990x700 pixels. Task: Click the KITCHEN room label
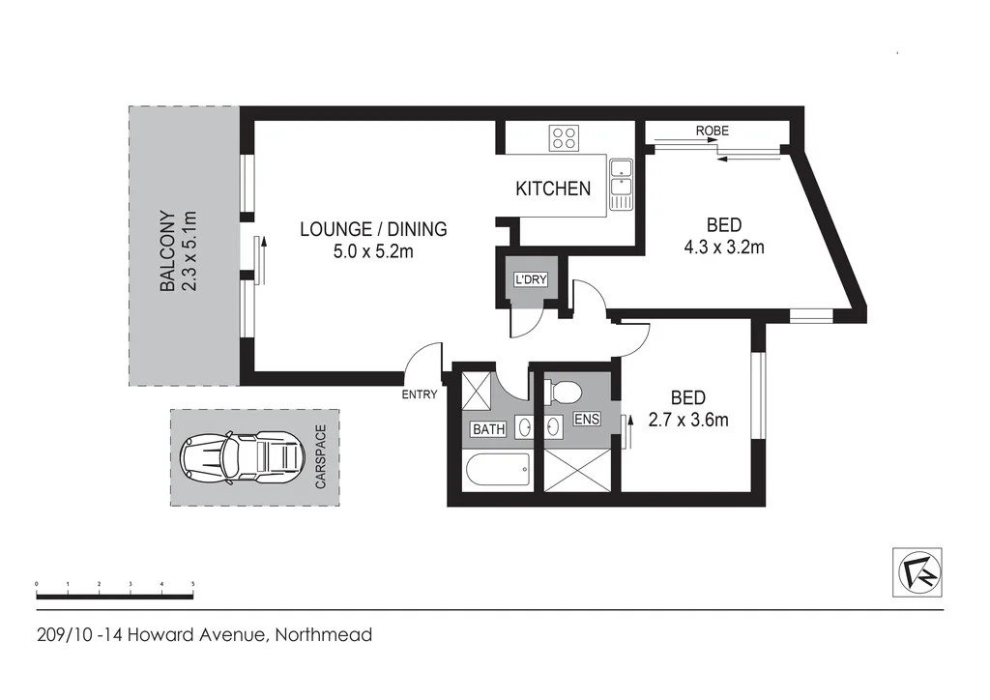pos(552,189)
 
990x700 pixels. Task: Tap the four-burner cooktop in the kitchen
pos(565,138)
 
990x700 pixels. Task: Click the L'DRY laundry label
pos(530,280)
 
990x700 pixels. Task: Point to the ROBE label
pos(711,131)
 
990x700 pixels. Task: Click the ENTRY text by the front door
pos(421,394)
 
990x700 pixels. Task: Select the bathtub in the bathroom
pos(497,472)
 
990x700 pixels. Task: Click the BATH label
pos(488,429)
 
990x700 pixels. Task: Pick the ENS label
pos(586,421)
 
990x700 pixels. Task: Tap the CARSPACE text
pos(321,457)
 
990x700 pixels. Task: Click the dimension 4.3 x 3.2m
pos(724,247)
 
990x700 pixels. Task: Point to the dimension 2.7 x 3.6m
pos(687,420)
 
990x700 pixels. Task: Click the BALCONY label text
pos(167,251)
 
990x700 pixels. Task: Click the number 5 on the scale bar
pos(193,585)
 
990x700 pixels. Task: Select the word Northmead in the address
pos(323,635)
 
